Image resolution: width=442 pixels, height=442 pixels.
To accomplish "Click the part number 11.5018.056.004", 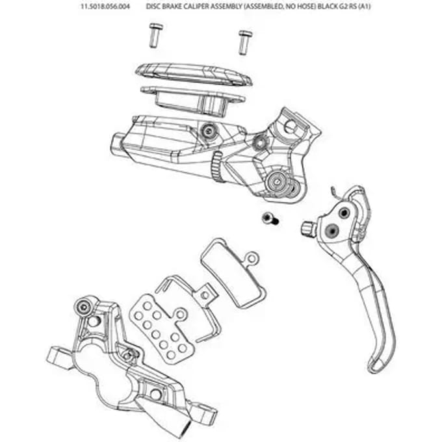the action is pyautogui.click(x=105, y=6).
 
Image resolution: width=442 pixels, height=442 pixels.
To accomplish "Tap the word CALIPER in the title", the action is pyautogui.click(x=198, y=6).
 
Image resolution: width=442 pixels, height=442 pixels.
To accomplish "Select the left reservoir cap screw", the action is pyautogui.click(x=155, y=36).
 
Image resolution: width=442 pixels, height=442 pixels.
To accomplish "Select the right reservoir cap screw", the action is pyautogui.click(x=244, y=42).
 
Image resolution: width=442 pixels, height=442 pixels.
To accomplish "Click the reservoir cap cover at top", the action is pyautogui.click(x=194, y=74).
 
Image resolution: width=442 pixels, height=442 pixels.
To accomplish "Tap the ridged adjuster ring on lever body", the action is pyautogui.click(x=216, y=166).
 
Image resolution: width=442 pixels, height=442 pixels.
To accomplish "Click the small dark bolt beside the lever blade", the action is pyautogui.click(x=270, y=219).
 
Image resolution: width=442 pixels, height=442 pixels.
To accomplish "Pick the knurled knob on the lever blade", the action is pyautogui.click(x=308, y=228).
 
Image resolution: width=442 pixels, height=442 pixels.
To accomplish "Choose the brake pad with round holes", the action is pyautogui.click(x=160, y=329).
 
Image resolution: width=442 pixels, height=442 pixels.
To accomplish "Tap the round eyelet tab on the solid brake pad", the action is pyautogui.click(x=252, y=257).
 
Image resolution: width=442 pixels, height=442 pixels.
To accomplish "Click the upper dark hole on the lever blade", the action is pyautogui.click(x=344, y=213).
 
